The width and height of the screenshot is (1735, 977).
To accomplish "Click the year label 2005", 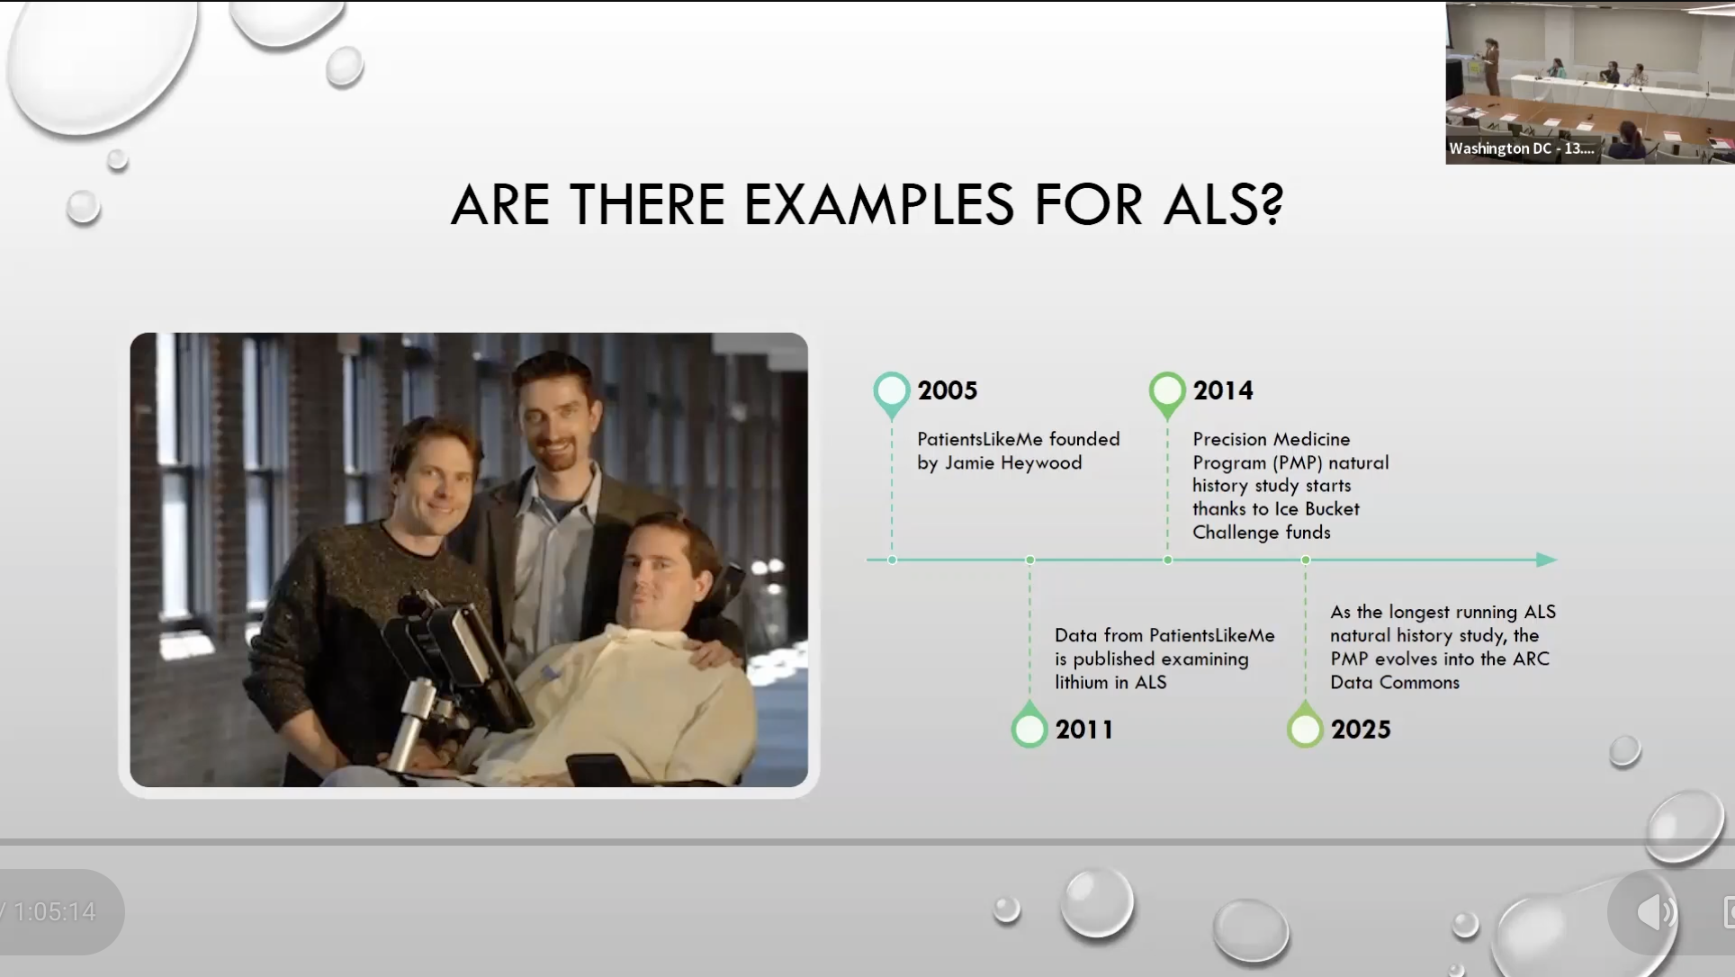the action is click(x=948, y=390).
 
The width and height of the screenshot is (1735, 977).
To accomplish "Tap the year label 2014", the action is click(x=1223, y=390).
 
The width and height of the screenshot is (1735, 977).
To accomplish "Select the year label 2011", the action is click(x=1084, y=730).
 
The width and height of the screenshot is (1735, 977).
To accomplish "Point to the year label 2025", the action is click(x=1361, y=730).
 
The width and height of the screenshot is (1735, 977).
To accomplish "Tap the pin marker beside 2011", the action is click(x=1029, y=724).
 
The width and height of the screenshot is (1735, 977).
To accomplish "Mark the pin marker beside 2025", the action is click(x=1305, y=724).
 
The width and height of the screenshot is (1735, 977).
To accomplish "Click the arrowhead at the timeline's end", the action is click(x=1547, y=560).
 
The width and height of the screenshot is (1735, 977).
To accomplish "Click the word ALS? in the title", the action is click(x=1223, y=204).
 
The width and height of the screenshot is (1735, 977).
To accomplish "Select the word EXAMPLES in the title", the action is click(x=879, y=204).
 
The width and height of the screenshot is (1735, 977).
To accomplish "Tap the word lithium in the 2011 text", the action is click(x=1082, y=682).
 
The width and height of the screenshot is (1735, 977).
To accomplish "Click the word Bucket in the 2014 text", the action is click(x=1332, y=508).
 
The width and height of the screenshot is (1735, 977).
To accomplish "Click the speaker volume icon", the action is click(x=1656, y=912).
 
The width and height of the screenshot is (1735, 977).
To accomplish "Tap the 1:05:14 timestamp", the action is click(x=54, y=912).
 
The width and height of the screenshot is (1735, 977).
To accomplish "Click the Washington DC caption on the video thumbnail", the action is click(x=1521, y=148).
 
